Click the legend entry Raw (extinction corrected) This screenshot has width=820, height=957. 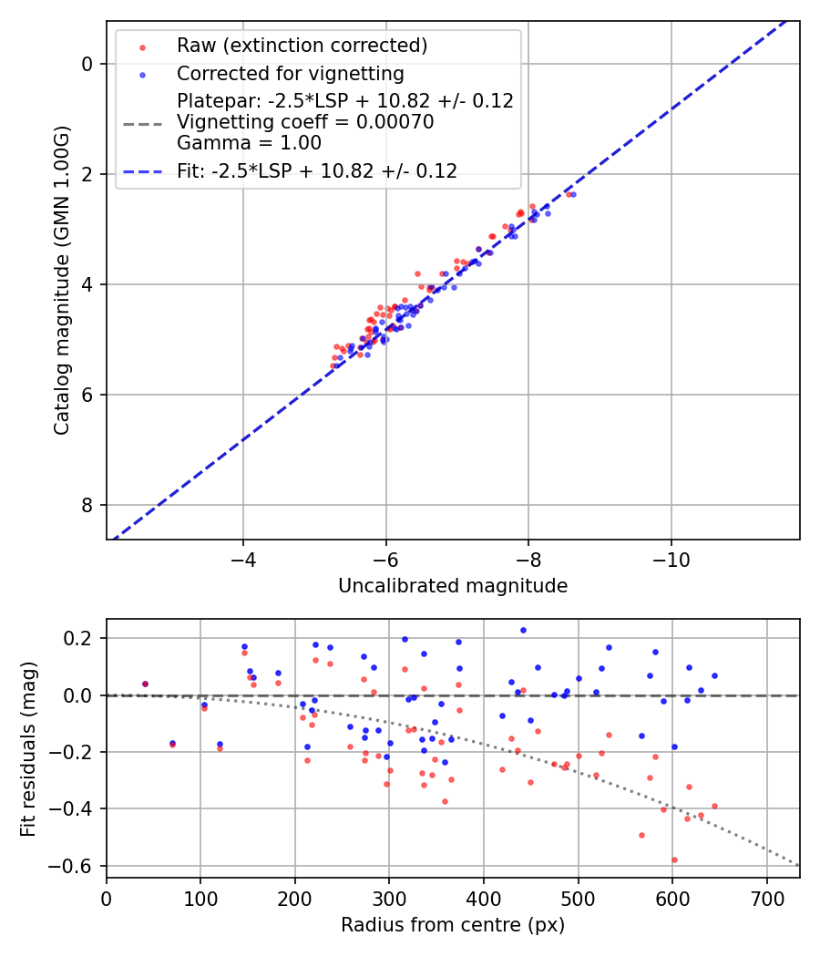tap(302, 46)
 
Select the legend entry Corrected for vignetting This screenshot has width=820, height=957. tap(290, 73)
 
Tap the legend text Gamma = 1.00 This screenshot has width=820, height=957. tap(249, 142)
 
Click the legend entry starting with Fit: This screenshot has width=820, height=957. tap(316, 170)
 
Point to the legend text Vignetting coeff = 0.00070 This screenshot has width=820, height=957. tap(305, 121)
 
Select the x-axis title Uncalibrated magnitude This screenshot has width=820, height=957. tap(453, 586)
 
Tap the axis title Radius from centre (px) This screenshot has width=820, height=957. tap(453, 925)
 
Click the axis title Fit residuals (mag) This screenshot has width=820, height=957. tap(28, 748)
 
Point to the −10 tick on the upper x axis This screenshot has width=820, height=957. tap(671, 559)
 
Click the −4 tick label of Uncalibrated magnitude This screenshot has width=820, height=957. tap(242, 559)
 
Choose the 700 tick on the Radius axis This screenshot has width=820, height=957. tap(766, 899)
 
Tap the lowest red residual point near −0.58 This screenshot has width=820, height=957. tap(674, 859)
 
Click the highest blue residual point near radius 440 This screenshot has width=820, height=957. tap(523, 630)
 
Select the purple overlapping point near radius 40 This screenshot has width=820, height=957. tap(145, 684)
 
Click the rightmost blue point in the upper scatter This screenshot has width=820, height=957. tap(573, 194)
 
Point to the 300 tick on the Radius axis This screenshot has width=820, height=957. tap(389, 899)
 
